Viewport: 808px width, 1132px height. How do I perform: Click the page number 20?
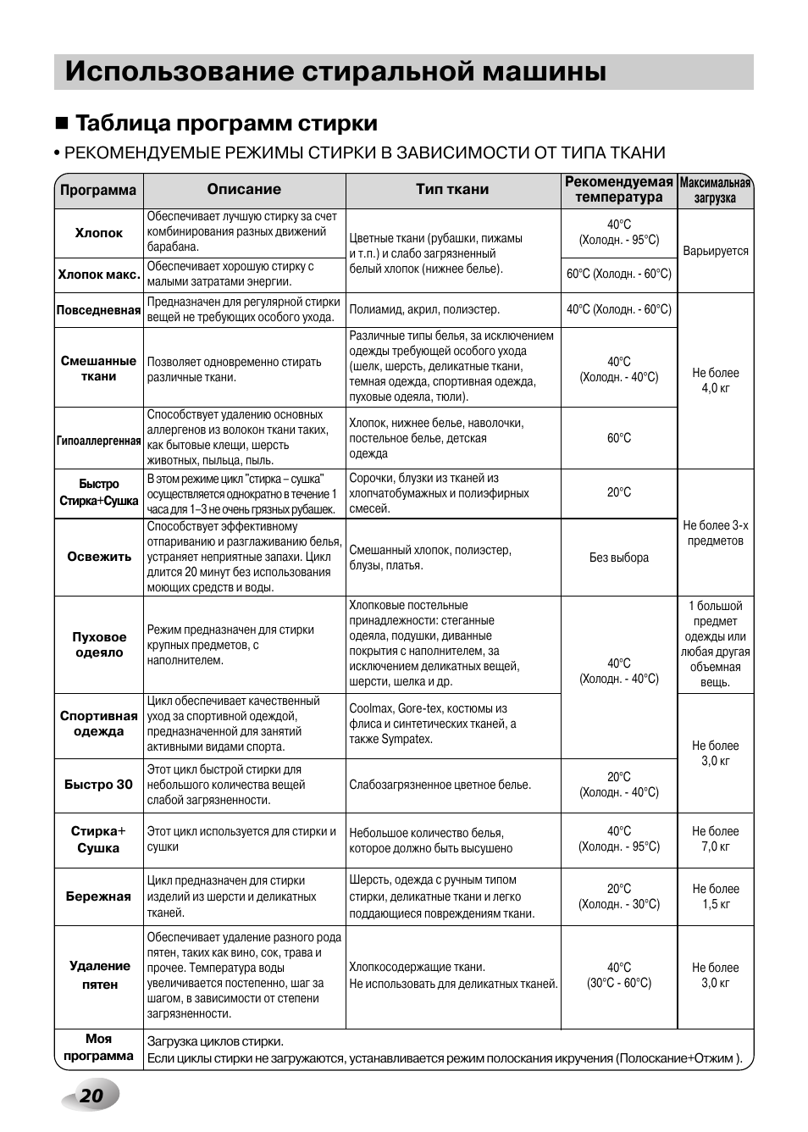91,1096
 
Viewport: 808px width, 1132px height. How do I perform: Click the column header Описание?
244,190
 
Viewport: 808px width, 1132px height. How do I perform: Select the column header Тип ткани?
452,190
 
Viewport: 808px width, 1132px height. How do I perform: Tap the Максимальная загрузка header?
716,191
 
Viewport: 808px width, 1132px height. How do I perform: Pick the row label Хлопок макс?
99,275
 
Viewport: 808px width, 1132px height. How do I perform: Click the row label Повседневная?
98,310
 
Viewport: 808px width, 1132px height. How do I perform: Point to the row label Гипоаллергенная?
98,441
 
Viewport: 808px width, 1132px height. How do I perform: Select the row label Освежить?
99,557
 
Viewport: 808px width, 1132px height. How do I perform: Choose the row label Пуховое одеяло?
99,645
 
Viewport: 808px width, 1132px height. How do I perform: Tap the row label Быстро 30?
99,785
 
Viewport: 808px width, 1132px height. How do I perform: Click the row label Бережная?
99,896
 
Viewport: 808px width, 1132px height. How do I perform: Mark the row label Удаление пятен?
99,975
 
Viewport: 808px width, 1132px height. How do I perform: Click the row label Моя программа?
98,1047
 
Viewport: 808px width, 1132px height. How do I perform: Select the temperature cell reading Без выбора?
619,558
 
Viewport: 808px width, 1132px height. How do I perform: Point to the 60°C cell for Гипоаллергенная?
619,438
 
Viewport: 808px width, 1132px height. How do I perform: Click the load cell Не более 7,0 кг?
716,839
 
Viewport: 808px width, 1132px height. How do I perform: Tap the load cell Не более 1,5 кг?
716,896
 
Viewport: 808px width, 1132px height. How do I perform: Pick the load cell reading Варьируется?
716,251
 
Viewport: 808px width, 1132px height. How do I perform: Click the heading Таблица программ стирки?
226,124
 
